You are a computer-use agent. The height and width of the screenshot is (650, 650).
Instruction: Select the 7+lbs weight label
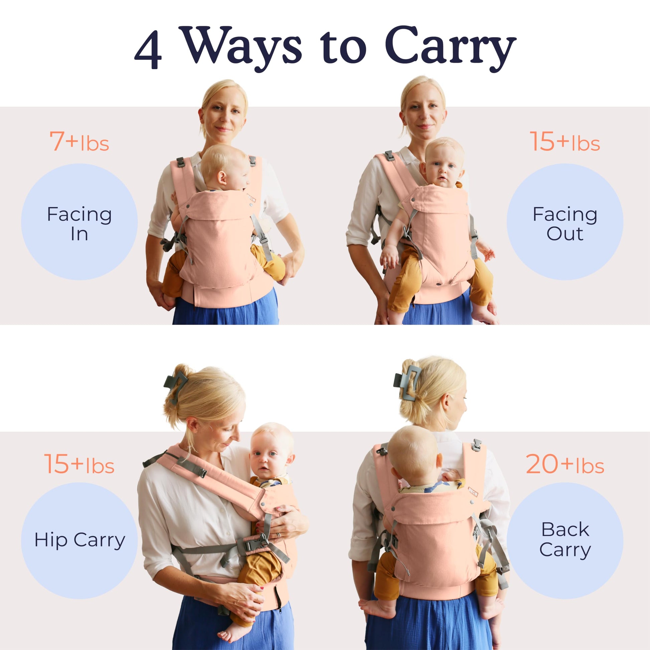[x=79, y=141]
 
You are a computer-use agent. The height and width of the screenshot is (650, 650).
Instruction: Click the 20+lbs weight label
[x=565, y=464]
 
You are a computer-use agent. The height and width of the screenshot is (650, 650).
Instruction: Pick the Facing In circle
[x=79, y=222]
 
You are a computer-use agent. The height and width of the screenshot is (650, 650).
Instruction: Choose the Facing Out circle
[x=565, y=222]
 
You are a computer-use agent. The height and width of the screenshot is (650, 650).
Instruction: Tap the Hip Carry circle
[x=79, y=541]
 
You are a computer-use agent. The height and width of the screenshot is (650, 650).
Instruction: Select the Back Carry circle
[x=565, y=541]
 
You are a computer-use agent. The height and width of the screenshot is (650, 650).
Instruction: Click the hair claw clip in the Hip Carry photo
[x=176, y=385]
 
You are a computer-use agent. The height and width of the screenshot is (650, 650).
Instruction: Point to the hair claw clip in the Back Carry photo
[x=407, y=382]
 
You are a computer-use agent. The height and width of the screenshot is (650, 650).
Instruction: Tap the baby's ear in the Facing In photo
[x=222, y=177]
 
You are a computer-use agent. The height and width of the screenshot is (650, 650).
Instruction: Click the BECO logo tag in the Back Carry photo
[x=472, y=492]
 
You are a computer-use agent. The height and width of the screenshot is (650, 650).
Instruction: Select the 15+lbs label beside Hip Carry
[x=79, y=464]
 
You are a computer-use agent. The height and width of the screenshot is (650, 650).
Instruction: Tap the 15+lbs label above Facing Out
[x=565, y=141]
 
